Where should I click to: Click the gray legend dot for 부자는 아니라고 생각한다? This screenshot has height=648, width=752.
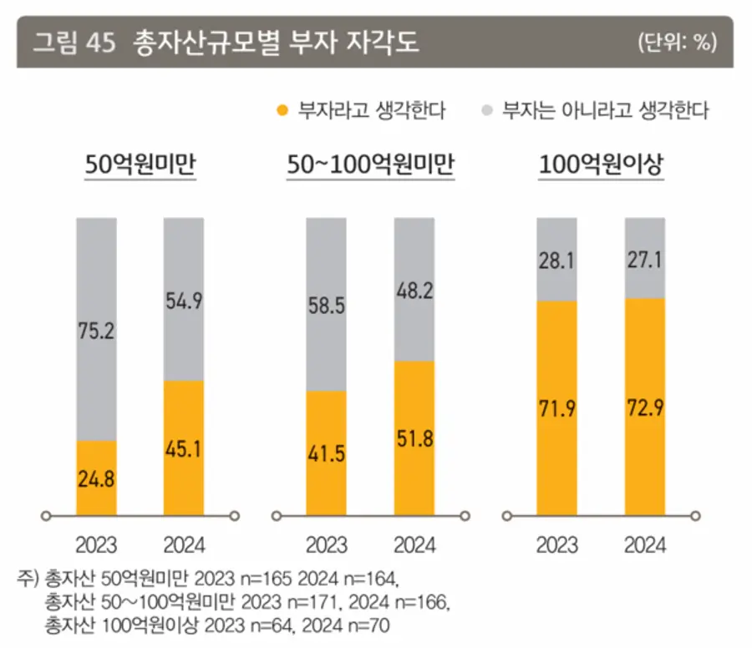[486, 110]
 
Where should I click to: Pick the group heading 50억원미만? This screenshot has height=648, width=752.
[140, 165]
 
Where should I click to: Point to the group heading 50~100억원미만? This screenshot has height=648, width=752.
[370, 165]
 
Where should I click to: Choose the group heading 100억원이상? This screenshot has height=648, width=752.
[600, 165]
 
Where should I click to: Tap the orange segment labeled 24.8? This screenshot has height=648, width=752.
[97, 478]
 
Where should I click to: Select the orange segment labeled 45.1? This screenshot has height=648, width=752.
[184, 448]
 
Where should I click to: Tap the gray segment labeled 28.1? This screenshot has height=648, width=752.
[556, 259]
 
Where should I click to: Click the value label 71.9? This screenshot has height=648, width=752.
[556, 409]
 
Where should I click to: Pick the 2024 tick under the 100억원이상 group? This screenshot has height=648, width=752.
[644, 545]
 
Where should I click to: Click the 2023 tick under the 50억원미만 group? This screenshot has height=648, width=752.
[97, 545]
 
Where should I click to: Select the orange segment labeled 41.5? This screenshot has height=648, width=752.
[327, 453]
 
